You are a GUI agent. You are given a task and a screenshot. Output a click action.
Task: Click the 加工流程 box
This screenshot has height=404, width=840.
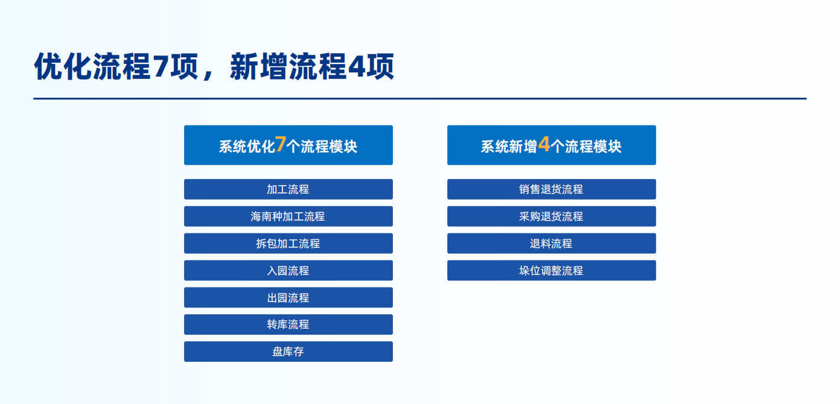tap(288, 189)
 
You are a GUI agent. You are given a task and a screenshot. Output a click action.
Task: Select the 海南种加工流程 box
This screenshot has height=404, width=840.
tap(288, 216)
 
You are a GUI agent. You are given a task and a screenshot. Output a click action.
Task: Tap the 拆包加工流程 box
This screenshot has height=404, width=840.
tap(288, 243)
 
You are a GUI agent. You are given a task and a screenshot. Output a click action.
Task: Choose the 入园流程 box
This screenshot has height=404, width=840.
tap(288, 270)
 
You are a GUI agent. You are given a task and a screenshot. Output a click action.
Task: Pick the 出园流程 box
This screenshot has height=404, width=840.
tap(288, 297)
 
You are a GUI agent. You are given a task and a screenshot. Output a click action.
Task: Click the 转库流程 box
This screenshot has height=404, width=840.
tap(288, 324)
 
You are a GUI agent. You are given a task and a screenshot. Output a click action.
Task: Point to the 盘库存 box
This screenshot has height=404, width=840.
tap(288, 351)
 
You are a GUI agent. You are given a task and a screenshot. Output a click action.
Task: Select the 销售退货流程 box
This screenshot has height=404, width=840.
tap(552, 189)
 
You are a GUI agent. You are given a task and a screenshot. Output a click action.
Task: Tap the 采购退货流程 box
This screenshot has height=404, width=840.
tap(552, 216)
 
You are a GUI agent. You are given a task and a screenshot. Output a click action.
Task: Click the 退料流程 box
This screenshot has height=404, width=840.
tap(552, 243)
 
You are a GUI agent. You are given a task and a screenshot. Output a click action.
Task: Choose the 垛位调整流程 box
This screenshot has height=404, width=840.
tap(552, 270)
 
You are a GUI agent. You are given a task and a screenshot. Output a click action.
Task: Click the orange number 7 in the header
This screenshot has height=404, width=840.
tap(281, 144)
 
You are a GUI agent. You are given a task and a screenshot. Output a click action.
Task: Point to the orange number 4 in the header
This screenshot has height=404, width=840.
tap(544, 144)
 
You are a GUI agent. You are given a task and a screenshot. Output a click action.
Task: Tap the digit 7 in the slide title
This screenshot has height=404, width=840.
tap(160, 67)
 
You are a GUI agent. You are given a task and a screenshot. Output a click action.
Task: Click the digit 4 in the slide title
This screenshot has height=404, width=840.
tap(356, 67)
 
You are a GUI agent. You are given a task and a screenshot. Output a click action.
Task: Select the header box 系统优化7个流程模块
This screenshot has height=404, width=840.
tap(288, 145)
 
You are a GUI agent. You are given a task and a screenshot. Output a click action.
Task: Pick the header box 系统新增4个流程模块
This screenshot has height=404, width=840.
tap(552, 145)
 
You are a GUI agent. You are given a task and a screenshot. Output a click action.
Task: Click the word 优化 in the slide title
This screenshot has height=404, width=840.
tap(63, 66)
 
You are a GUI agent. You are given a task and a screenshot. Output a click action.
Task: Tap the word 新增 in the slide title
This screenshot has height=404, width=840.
tap(258, 66)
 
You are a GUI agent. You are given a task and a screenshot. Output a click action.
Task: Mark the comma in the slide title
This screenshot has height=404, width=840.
tap(206, 75)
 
